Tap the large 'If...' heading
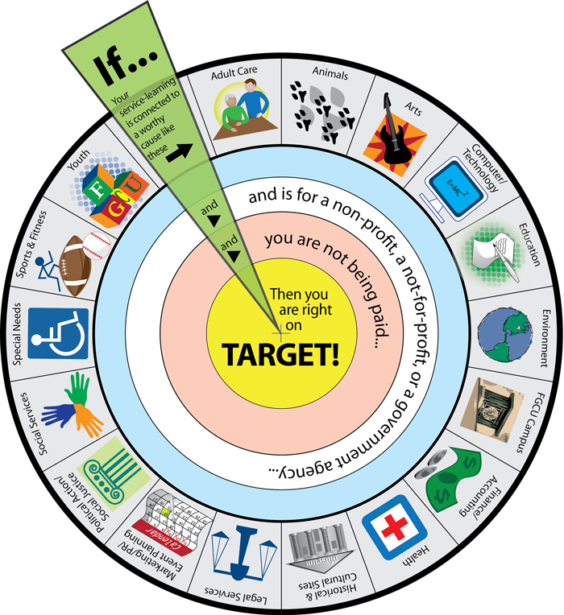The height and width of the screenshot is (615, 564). coord(120,71)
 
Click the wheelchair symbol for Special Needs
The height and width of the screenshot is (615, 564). coord(58,332)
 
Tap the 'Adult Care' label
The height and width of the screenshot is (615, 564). coord(234,71)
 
